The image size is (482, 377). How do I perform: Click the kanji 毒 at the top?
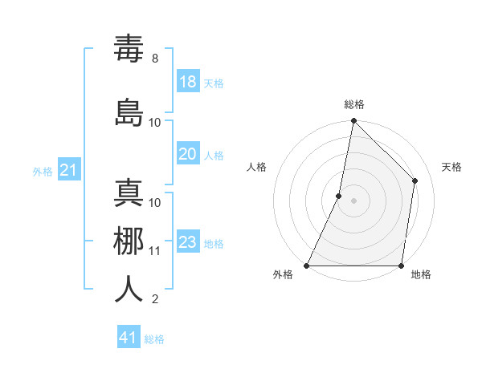(x=129, y=51)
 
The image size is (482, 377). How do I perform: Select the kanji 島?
(x=129, y=112)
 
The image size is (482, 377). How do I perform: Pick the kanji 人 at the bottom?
(x=129, y=290)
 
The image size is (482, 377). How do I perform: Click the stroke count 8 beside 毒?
(x=155, y=59)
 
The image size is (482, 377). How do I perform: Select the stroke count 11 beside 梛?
(x=155, y=251)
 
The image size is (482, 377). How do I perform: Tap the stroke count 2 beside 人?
(x=155, y=300)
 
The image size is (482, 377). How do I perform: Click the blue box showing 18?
(x=188, y=82)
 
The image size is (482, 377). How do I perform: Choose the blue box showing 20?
(x=188, y=154)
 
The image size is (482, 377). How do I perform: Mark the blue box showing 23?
(x=188, y=242)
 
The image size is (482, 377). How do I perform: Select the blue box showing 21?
(x=69, y=169)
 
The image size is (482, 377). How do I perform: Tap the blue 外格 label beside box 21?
(x=43, y=171)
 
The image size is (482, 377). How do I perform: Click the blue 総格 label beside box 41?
(x=154, y=339)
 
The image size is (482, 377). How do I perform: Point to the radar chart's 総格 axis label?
(x=354, y=104)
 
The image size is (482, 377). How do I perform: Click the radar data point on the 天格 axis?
(x=415, y=180)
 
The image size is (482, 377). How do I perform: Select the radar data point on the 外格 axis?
(x=307, y=266)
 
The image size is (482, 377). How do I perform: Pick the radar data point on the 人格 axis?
(x=339, y=196)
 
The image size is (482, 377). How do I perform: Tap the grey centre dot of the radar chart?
(x=354, y=201)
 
